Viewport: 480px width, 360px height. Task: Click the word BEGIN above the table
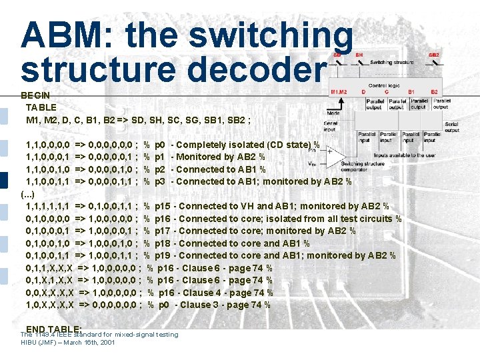tap(35, 95)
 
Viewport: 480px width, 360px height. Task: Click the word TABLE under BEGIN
tap(41, 107)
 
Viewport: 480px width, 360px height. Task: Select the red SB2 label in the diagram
tap(434, 55)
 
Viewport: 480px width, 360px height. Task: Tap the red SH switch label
tap(359, 55)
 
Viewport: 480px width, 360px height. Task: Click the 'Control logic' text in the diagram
tap(384, 85)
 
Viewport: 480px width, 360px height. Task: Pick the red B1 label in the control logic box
tap(411, 91)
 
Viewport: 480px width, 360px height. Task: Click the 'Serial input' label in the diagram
tap(330, 125)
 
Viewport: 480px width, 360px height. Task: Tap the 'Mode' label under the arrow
tap(333, 114)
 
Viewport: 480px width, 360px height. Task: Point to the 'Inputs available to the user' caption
tap(405, 155)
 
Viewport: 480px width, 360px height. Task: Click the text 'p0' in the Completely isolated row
tap(160, 145)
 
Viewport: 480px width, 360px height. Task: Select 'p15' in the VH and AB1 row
tap(162, 206)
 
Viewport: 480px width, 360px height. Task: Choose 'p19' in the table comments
tap(162, 255)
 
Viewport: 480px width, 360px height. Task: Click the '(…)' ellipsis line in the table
tap(28, 194)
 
